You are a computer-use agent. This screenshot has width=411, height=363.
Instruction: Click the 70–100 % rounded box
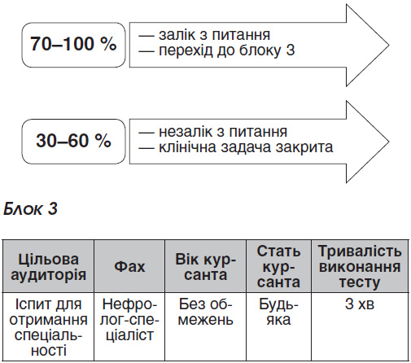(73, 45)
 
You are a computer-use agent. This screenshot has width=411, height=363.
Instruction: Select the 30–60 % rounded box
(73, 141)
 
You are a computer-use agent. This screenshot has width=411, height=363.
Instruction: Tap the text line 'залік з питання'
(204, 35)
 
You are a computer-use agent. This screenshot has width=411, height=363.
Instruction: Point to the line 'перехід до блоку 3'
(216, 50)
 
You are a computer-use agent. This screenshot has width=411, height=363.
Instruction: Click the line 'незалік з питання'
(212, 132)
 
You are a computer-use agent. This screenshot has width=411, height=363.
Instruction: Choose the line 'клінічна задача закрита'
(235, 147)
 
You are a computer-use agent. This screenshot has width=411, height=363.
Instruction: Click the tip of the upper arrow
(389, 46)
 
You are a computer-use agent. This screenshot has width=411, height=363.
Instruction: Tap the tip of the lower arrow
(389, 142)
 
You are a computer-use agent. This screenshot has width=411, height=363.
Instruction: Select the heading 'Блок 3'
(30, 209)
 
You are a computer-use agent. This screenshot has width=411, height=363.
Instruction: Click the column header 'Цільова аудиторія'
(48, 267)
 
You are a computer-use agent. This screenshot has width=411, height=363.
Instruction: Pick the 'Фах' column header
(129, 267)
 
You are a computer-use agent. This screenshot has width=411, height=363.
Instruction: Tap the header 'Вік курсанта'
(205, 267)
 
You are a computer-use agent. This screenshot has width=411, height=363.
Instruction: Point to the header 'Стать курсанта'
(278, 267)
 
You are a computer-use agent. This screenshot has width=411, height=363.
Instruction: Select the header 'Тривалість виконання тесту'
(360, 267)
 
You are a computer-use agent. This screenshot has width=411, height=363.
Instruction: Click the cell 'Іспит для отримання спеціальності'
(48, 327)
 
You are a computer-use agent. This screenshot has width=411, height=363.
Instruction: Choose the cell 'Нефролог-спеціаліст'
(129, 320)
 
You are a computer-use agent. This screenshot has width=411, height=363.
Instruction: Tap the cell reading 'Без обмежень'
(205, 312)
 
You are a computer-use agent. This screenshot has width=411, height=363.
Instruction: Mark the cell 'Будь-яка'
(278, 312)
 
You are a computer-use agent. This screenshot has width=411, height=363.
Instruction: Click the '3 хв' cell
(360, 304)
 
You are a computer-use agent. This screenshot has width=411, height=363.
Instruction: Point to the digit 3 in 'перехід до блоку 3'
(291, 50)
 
